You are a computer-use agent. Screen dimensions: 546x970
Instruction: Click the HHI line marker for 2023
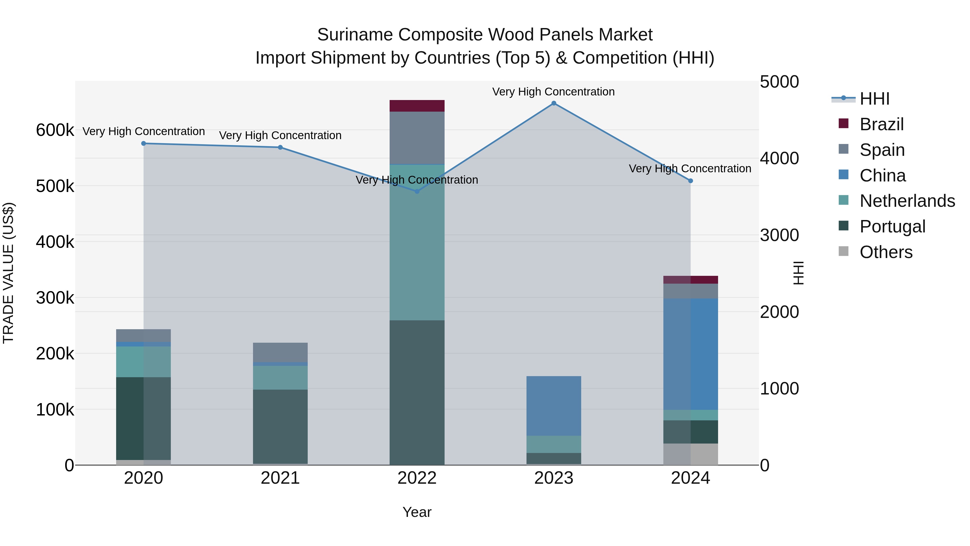[553, 103]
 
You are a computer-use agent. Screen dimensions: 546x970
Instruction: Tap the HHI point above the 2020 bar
[143, 143]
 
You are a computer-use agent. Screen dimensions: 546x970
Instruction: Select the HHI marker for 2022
[417, 191]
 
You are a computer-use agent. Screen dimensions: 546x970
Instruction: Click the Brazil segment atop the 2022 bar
[417, 106]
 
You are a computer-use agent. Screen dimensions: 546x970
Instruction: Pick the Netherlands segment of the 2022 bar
[417, 242]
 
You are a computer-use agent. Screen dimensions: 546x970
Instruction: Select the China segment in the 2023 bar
[553, 406]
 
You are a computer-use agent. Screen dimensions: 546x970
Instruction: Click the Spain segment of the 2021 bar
[280, 352]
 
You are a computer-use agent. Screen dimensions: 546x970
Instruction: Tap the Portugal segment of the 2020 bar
[143, 418]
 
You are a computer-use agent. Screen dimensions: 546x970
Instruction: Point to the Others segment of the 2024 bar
[690, 454]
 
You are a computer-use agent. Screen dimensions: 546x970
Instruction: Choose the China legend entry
[882, 176]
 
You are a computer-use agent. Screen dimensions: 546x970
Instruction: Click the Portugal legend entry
[892, 226]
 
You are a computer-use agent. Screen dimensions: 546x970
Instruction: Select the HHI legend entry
[874, 99]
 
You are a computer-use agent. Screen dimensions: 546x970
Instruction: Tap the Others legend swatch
[843, 251]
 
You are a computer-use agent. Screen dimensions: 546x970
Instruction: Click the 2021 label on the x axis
[280, 478]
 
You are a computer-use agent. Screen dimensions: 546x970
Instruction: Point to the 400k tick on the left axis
[55, 242]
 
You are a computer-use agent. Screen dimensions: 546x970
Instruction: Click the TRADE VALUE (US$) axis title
[8, 273]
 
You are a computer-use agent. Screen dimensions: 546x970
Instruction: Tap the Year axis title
[417, 512]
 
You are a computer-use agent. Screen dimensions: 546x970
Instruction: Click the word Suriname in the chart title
[355, 35]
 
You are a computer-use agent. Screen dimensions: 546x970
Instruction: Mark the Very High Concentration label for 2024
[690, 169]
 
